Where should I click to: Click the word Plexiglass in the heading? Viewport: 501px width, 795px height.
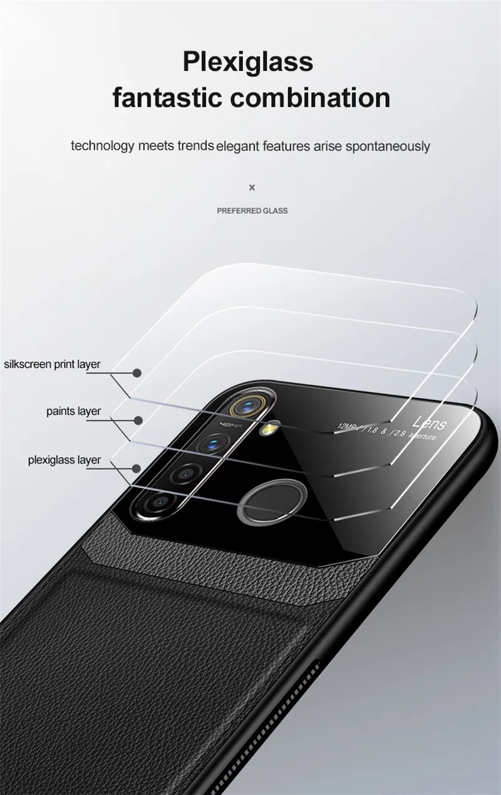point(247,63)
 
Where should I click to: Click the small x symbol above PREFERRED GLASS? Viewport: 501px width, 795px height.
point(252,187)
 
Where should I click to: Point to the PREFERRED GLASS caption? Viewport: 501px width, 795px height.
point(252,211)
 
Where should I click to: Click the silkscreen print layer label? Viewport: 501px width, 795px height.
point(52,364)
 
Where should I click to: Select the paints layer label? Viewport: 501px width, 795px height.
point(73,411)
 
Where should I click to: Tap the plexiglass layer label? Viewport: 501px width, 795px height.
point(65,460)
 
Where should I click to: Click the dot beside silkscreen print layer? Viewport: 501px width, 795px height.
point(137,373)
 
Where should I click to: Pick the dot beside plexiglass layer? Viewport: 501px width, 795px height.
point(137,468)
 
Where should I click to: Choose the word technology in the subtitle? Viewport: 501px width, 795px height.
point(103,146)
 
